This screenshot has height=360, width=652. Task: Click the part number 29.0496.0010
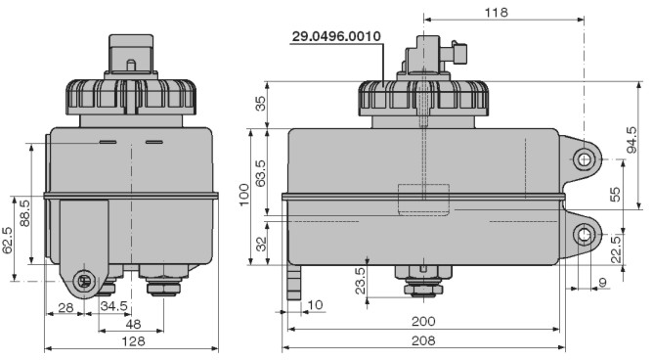(336, 36)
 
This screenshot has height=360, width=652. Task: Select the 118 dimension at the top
(496, 13)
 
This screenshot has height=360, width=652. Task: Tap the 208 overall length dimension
(423, 340)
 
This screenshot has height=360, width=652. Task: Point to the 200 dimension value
(423, 321)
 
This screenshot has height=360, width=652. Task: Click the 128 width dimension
(133, 341)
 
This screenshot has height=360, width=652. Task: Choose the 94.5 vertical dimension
(631, 140)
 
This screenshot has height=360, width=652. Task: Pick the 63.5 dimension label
(261, 173)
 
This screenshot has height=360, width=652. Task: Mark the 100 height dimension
(243, 195)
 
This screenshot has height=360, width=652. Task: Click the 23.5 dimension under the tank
(361, 281)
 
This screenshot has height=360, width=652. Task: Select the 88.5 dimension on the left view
(25, 213)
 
